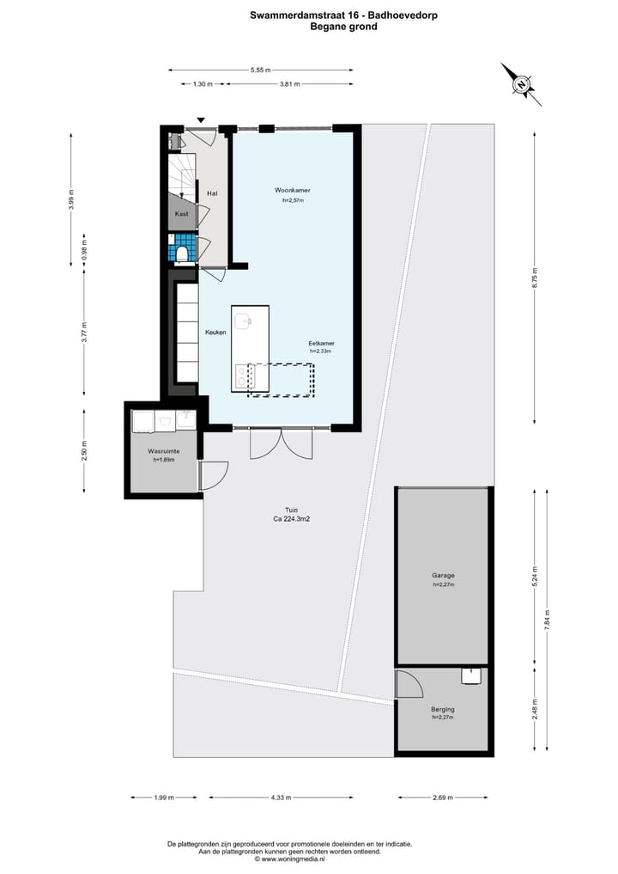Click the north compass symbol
click(x=521, y=84)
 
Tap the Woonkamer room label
click(x=292, y=189)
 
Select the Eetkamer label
click(x=320, y=343)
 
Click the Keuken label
click(x=215, y=333)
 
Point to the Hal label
click(x=212, y=193)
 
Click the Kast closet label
click(x=182, y=213)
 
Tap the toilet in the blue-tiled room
click(x=183, y=253)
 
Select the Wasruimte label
click(x=163, y=450)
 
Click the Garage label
click(x=443, y=575)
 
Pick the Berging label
click(x=443, y=709)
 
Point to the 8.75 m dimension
click(x=536, y=273)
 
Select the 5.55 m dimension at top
click(x=261, y=70)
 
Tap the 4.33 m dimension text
click(x=281, y=798)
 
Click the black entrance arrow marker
click(x=201, y=120)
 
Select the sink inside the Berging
click(x=471, y=676)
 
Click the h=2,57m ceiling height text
click(x=293, y=200)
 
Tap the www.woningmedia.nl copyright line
click(x=290, y=859)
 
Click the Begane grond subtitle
click(x=343, y=27)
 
